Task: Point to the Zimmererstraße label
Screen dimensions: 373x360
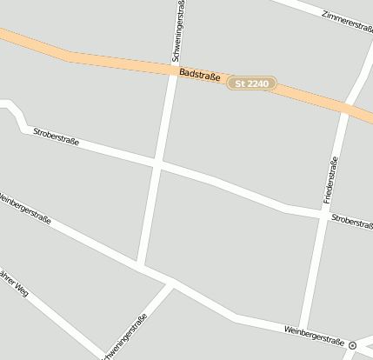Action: [x=346, y=22]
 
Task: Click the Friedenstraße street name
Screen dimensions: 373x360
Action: [x=330, y=180]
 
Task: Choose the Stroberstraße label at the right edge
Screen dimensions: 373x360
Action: [x=351, y=223]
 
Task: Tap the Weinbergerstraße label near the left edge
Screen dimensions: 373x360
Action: [x=24, y=209]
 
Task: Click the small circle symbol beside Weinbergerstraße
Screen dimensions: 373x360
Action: [x=353, y=345]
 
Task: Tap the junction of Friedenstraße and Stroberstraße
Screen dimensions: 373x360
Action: [x=318, y=214]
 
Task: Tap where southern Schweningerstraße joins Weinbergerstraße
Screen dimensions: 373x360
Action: [x=171, y=285]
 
